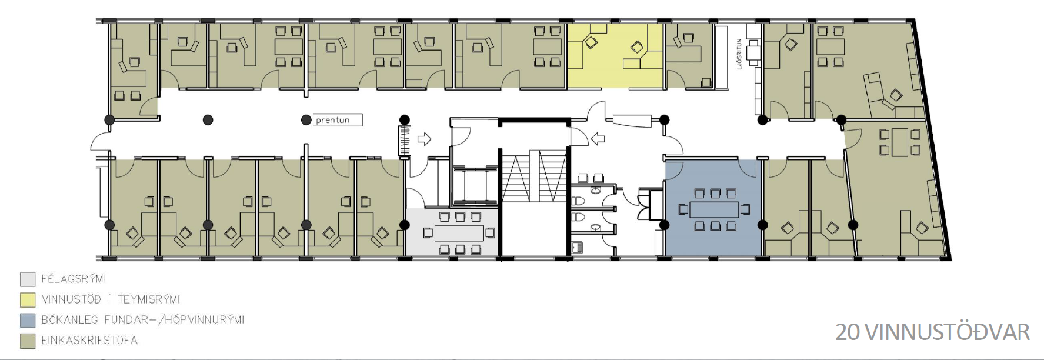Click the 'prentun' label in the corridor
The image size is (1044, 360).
[x=332, y=120]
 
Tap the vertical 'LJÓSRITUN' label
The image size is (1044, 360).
[x=739, y=54]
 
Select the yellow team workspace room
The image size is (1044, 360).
[x=615, y=55]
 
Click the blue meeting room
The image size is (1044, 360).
[x=713, y=207]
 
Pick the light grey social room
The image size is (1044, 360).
[x=453, y=232]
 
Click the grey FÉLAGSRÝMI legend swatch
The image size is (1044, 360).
[x=28, y=279]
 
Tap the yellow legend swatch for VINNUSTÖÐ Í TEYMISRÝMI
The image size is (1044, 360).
[x=28, y=299]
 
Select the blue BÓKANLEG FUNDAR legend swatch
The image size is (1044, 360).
[x=28, y=320]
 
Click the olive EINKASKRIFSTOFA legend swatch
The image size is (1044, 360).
[x=28, y=341]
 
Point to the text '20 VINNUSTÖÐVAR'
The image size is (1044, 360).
[x=932, y=332]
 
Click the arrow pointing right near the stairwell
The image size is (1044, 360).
[x=424, y=139]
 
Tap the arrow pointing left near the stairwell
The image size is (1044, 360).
[x=598, y=139]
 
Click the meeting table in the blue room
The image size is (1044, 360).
[x=714, y=209]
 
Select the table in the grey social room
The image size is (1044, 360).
[x=459, y=233]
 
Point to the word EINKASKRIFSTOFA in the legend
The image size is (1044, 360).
[x=89, y=341]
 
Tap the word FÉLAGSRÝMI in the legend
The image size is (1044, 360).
[x=74, y=279]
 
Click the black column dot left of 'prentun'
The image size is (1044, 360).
[x=306, y=120]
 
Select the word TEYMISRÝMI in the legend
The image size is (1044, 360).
[x=149, y=299]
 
